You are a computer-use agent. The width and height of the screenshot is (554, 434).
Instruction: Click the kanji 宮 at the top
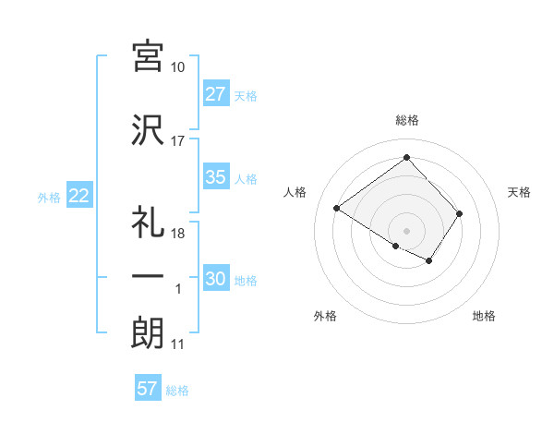coord(148,57)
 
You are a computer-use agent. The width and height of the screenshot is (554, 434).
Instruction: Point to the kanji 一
coord(148,277)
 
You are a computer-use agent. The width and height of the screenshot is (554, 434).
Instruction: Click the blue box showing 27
coord(216,95)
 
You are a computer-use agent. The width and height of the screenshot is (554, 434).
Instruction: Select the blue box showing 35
coord(216,178)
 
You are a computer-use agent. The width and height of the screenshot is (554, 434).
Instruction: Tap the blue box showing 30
coord(216,280)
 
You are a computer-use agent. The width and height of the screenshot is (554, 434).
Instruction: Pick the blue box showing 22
coord(78,196)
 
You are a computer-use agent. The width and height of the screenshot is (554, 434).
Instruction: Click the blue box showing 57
coord(148,389)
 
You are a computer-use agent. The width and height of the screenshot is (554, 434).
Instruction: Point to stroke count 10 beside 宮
coord(178,68)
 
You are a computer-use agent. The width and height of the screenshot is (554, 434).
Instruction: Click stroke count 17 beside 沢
coord(178,141)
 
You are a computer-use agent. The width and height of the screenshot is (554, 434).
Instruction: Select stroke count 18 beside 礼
coord(178,234)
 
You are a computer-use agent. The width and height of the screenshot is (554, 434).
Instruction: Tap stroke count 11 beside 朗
coord(178,344)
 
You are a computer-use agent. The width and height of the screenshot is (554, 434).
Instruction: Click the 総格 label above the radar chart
coord(407,120)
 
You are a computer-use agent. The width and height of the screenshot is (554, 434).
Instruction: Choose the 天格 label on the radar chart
coord(520,192)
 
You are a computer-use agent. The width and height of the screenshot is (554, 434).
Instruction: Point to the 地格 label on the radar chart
coord(484,317)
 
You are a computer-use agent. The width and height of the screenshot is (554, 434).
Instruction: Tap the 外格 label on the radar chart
coord(325,317)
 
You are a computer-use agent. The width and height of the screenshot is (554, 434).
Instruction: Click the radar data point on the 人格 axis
coord(337,209)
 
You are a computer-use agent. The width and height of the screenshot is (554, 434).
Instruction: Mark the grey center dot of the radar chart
coord(406,229)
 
